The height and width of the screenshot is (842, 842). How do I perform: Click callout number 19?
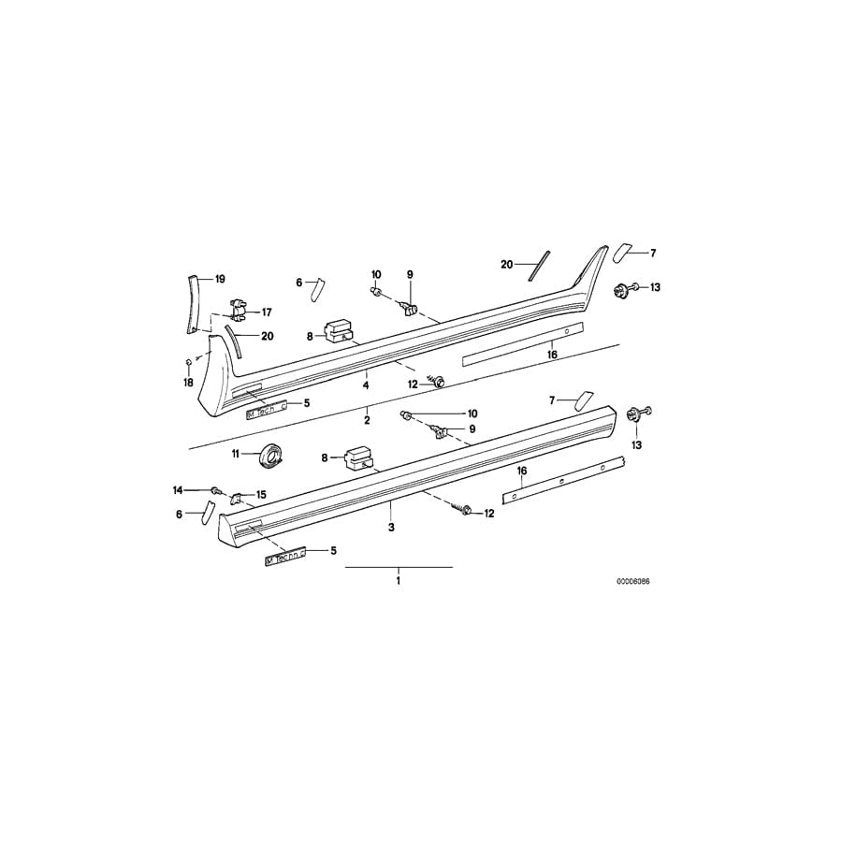220,279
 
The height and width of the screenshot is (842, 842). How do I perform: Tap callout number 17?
267,312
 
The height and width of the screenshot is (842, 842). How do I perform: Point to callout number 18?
188,383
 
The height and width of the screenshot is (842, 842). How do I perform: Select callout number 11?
236,454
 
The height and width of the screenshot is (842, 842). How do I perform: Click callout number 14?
178,489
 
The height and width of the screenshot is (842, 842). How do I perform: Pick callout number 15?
261,494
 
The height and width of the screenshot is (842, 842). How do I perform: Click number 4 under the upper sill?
366,385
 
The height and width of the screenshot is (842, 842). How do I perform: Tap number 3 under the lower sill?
391,528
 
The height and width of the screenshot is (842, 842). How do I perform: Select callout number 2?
367,421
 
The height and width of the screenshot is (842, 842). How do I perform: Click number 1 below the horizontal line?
398,581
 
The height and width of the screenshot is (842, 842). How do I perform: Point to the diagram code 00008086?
632,581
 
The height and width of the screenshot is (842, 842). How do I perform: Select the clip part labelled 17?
240,305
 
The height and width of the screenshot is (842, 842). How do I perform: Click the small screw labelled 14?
216,489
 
